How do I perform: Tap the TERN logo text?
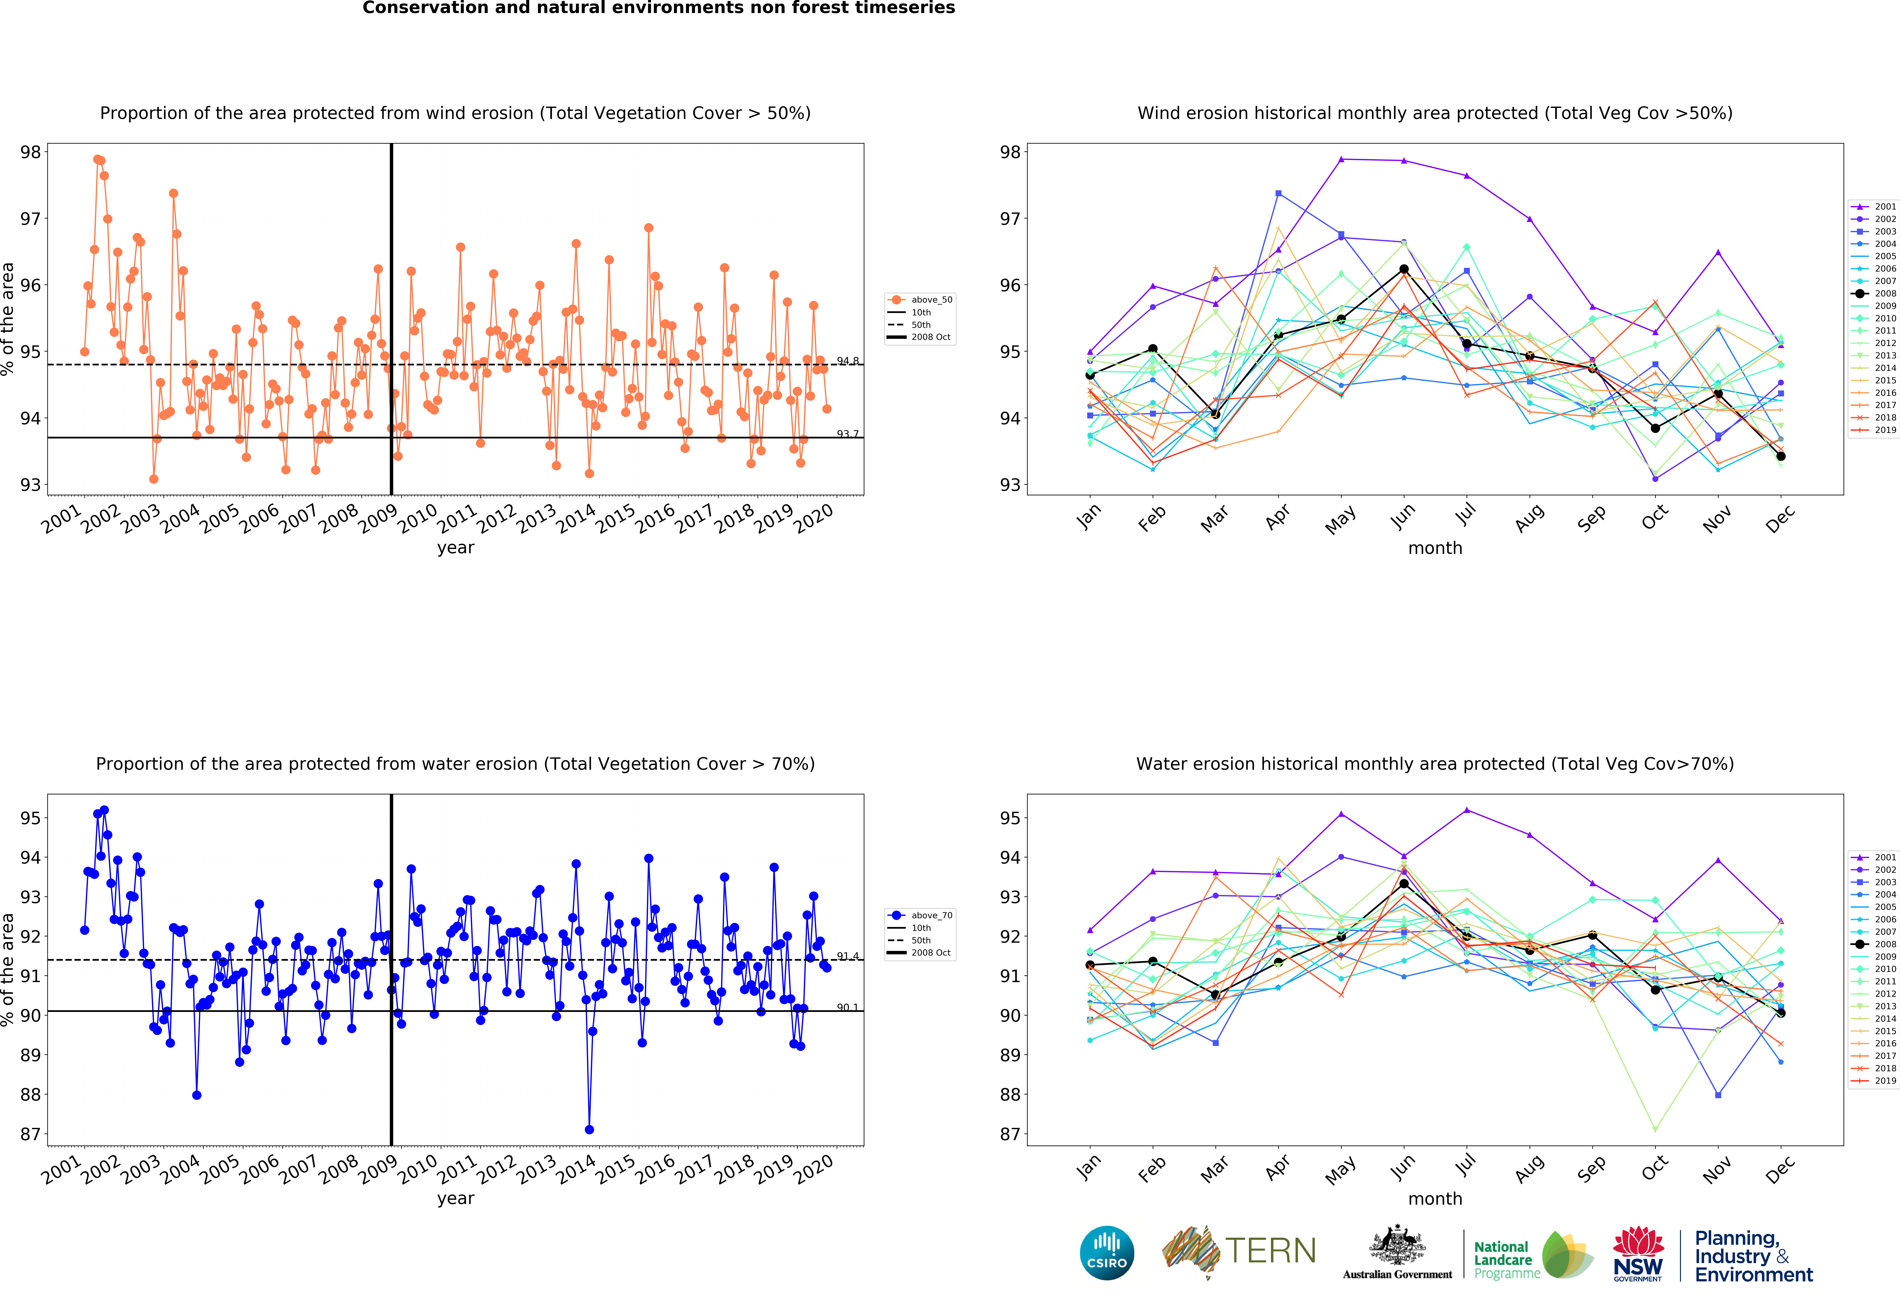(1270, 1251)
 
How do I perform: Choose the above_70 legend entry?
(921, 915)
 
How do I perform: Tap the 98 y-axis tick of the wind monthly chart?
(1011, 152)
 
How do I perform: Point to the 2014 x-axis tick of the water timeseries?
(576, 1170)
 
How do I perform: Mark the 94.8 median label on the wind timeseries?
(848, 361)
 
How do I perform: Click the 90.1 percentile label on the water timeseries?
(848, 1008)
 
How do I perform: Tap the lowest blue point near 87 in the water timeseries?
(589, 1130)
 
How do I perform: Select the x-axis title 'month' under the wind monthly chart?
(1435, 548)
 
